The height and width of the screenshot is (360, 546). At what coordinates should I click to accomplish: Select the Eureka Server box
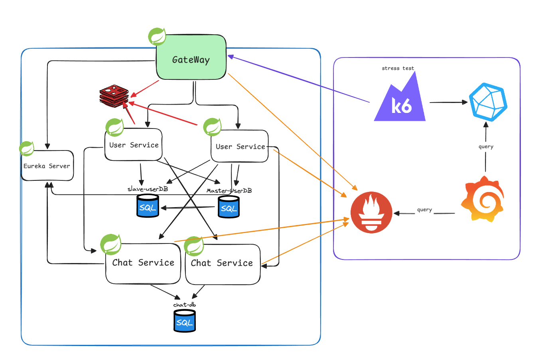pyautogui.click(x=47, y=166)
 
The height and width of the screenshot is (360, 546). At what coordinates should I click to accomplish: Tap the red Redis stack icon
pyautogui.click(x=114, y=96)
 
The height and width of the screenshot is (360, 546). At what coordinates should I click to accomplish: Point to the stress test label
pyautogui.click(x=398, y=68)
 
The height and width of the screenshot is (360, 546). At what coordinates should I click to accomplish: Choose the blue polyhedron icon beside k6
pyautogui.click(x=488, y=102)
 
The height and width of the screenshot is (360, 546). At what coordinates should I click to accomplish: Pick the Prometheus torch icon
pyautogui.click(x=371, y=212)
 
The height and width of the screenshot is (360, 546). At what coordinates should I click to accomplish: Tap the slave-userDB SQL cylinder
pyautogui.click(x=148, y=206)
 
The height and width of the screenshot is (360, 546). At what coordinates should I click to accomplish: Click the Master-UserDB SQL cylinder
pyautogui.click(x=229, y=206)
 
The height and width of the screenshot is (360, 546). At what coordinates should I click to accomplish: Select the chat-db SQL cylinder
pyautogui.click(x=185, y=321)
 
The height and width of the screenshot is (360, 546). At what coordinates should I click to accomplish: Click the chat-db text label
pyautogui.click(x=184, y=305)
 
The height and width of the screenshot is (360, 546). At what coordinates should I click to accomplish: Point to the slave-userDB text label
pyautogui.click(x=148, y=189)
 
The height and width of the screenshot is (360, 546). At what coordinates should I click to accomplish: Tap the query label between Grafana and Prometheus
pyautogui.click(x=424, y=210)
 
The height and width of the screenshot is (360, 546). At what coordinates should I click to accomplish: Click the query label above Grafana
pyautogui.click(x=486, y=146)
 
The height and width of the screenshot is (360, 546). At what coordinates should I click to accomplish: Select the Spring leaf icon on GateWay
pyautogui.click(x=157, y=37)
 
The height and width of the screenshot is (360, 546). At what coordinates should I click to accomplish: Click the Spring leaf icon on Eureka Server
pyautogui.click(x=27, y=148)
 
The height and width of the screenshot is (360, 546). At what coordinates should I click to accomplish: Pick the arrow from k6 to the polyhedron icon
pyautogui.click(x=448, y=102)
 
